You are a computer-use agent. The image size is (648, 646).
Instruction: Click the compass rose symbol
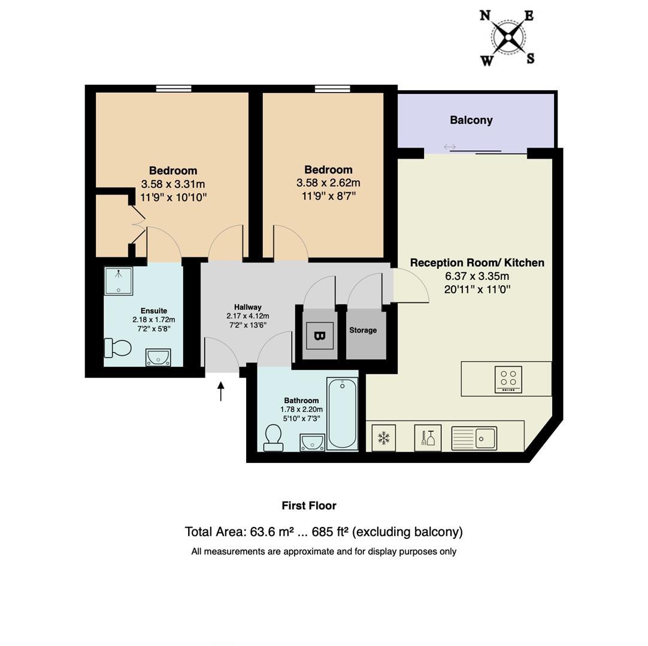point(508,38)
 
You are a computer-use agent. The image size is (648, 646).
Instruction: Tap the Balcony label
point(471,120)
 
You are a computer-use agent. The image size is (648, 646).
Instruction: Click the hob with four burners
point(508,379)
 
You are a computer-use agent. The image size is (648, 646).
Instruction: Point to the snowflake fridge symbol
point(383,438)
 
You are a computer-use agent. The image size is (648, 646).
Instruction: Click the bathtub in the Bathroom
point(342,414)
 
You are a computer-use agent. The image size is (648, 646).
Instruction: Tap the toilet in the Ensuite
point(117,348)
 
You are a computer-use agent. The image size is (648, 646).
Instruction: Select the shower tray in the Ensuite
point(119,281)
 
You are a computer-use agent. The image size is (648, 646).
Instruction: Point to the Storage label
point(363,330)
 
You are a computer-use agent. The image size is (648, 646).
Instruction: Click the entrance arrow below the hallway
point(221,392)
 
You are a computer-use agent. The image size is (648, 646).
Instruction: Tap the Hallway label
point(247,307)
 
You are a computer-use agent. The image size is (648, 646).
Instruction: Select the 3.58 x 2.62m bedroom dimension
point(328,183)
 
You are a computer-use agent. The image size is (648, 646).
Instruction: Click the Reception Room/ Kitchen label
point(477,263)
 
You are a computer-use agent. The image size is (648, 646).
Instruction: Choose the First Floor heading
point(309,505)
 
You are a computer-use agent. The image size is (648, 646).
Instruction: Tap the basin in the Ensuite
point(158,357)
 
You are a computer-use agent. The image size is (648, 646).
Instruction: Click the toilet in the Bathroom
point(274,437)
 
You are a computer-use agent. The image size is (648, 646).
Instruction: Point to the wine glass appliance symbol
point(428,438)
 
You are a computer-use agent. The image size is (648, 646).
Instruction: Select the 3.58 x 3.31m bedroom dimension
point(173,184)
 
